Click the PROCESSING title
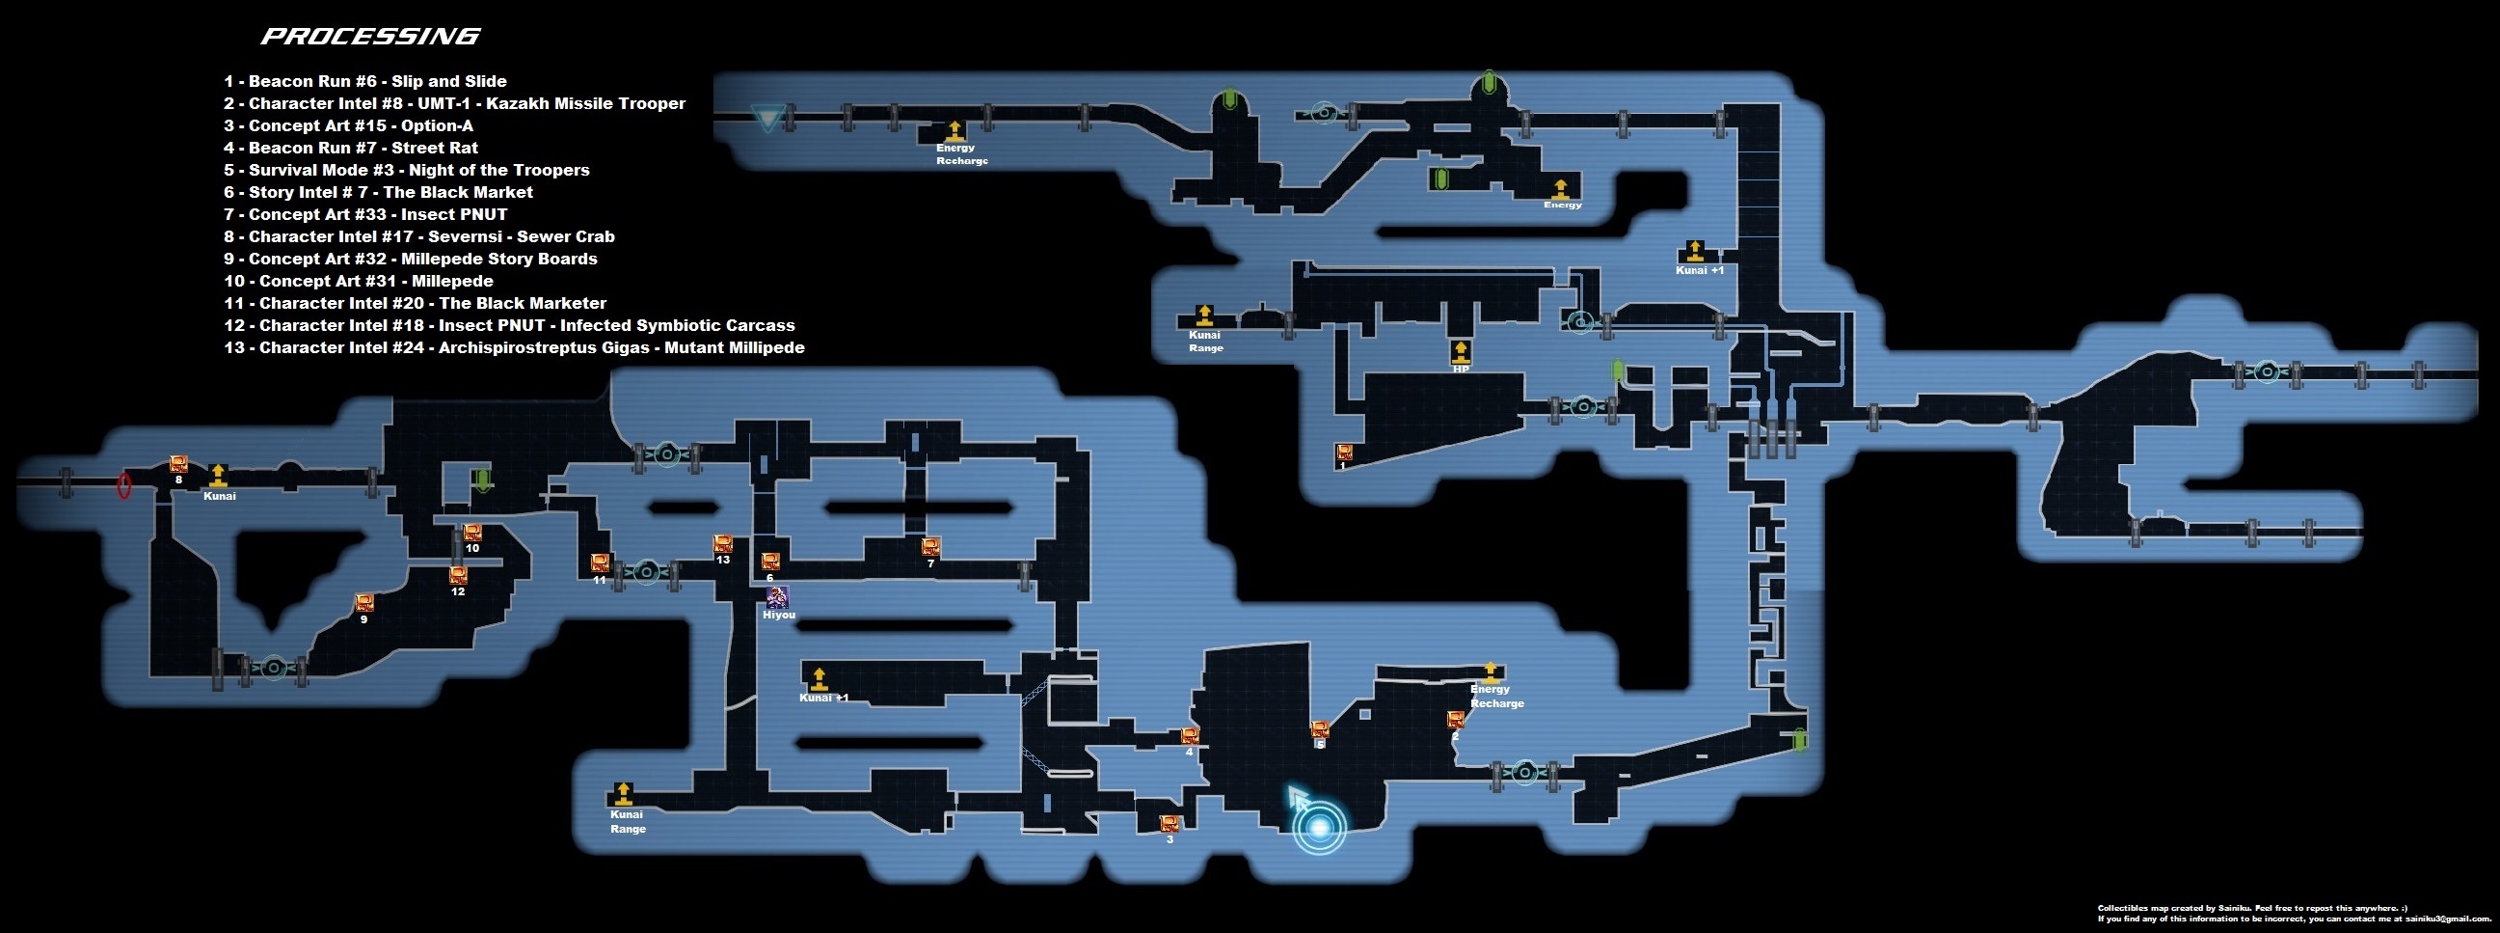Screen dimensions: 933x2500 [x=371, y=37]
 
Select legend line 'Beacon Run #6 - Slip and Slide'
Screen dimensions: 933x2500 [x=364, y=82]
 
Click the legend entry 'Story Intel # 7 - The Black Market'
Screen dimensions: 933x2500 [x=379, y=192]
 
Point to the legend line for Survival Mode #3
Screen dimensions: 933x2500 [x=407, y=170]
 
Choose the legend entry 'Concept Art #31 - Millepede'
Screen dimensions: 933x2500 [x=358, y=281]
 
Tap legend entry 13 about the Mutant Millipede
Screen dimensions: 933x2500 [x=513, y=347]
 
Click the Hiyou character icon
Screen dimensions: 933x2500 [x=777, y=597]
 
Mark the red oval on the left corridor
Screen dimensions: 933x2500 [x=124, y=484]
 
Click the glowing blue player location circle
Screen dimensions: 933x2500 [x=1320, y=827]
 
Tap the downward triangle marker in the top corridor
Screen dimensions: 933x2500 [x=766, y=121]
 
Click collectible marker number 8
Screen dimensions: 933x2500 [x=178, y=464]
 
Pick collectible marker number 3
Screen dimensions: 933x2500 [x=1169, y=823]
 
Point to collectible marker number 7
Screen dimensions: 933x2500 [x=930, y=547]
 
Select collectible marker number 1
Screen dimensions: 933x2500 [x=1344, y=452]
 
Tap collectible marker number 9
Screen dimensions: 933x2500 [x=363, y=603]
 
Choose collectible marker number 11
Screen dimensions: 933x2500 [x=600, y=563]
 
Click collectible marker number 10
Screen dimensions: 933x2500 [x=471, y=532]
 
